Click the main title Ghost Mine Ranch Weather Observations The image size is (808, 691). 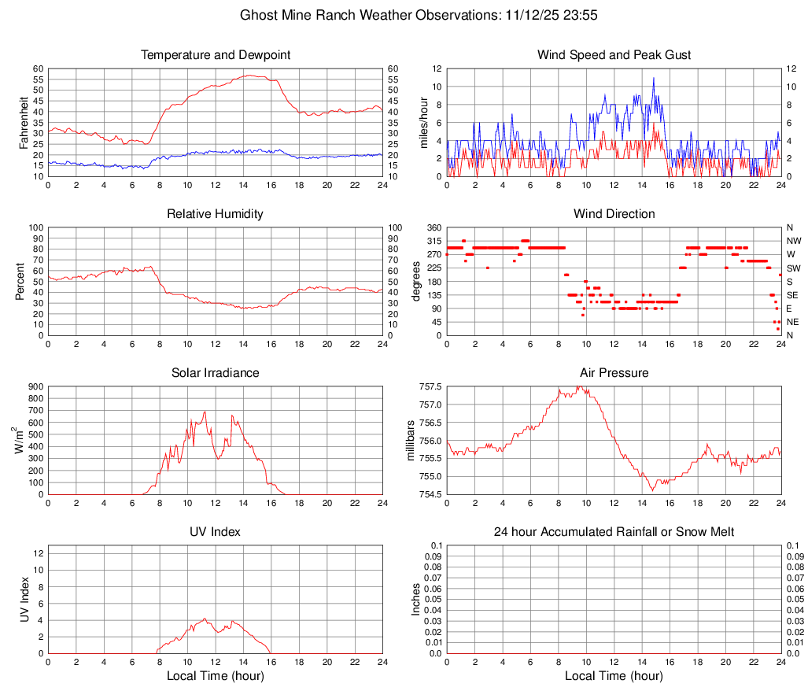(404, 15)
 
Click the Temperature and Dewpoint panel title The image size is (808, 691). (216, 55)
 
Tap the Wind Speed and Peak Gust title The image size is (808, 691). (614, 55)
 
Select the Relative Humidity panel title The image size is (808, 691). (216, 214)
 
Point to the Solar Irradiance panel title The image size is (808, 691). (216, 372)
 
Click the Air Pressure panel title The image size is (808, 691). (614, 372)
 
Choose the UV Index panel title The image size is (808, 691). (216, 532)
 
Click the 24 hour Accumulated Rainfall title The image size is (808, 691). (614, 532)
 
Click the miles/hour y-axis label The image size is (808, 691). (424, 122)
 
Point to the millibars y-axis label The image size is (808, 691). (410, 440)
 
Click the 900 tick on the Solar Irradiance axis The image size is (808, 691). (35, 387)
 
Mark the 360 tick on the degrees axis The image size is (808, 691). (433, 227)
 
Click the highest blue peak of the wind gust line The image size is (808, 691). (653, 78)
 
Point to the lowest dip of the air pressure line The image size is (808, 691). (653, 490)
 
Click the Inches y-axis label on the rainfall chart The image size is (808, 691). (417, 599)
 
